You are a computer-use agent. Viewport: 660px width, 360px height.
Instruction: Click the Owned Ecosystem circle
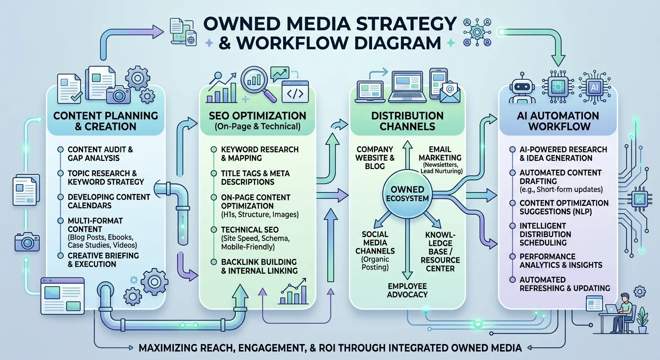(407, 194)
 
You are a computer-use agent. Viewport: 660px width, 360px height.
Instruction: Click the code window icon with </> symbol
(295, 92)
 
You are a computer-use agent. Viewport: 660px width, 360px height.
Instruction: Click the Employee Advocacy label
(407, 290)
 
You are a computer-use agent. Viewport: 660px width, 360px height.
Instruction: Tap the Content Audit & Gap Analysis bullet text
(100, 154)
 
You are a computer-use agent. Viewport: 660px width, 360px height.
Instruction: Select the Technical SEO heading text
(249, 230)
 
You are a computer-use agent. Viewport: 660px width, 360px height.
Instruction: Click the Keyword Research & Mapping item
(260, 154)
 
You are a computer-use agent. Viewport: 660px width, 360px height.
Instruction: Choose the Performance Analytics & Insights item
(561, 261)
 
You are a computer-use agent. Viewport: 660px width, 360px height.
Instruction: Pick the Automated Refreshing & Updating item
(564, 284)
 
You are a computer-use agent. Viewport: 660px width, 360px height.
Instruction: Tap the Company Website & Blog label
(375, 157)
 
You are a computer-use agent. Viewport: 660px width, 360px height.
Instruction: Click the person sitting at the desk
(622, 312)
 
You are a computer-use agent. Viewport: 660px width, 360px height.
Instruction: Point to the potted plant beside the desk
(642, 320)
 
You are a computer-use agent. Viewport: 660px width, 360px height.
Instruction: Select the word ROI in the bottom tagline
(327, 348)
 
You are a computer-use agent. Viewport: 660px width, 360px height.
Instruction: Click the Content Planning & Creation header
(105, 121)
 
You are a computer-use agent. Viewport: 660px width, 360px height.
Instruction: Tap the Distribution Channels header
(407, 121)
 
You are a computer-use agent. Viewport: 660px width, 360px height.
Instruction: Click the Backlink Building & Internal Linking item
(259, 266)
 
